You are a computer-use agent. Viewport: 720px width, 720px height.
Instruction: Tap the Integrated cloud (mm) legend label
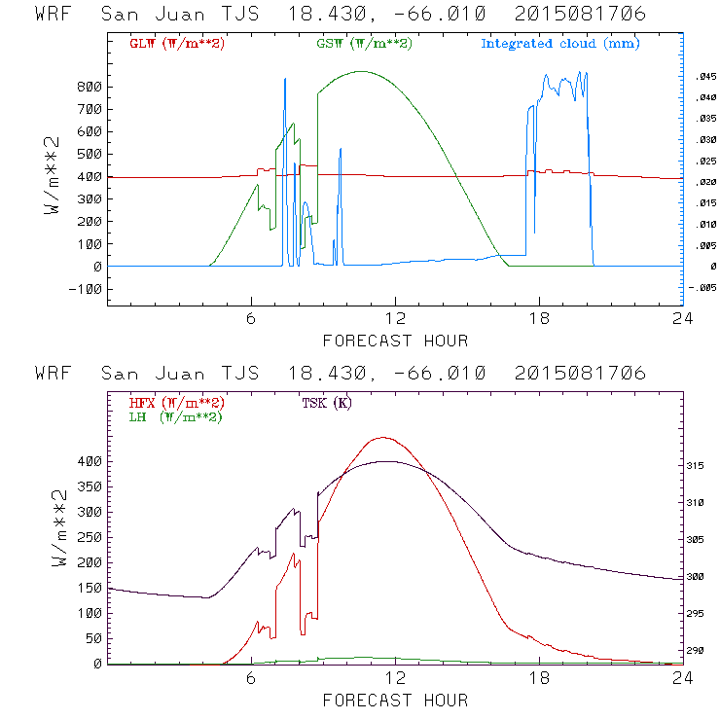tap(560, 44)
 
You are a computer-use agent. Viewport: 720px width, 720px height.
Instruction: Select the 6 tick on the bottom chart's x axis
tap(251, 679)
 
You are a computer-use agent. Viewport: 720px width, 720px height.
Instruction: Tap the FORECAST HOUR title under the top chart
tap(395, 341)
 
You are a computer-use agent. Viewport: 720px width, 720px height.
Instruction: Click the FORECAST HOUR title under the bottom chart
tap(395, 700)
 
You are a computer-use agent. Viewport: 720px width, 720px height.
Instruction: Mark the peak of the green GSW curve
tap(362, 71)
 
